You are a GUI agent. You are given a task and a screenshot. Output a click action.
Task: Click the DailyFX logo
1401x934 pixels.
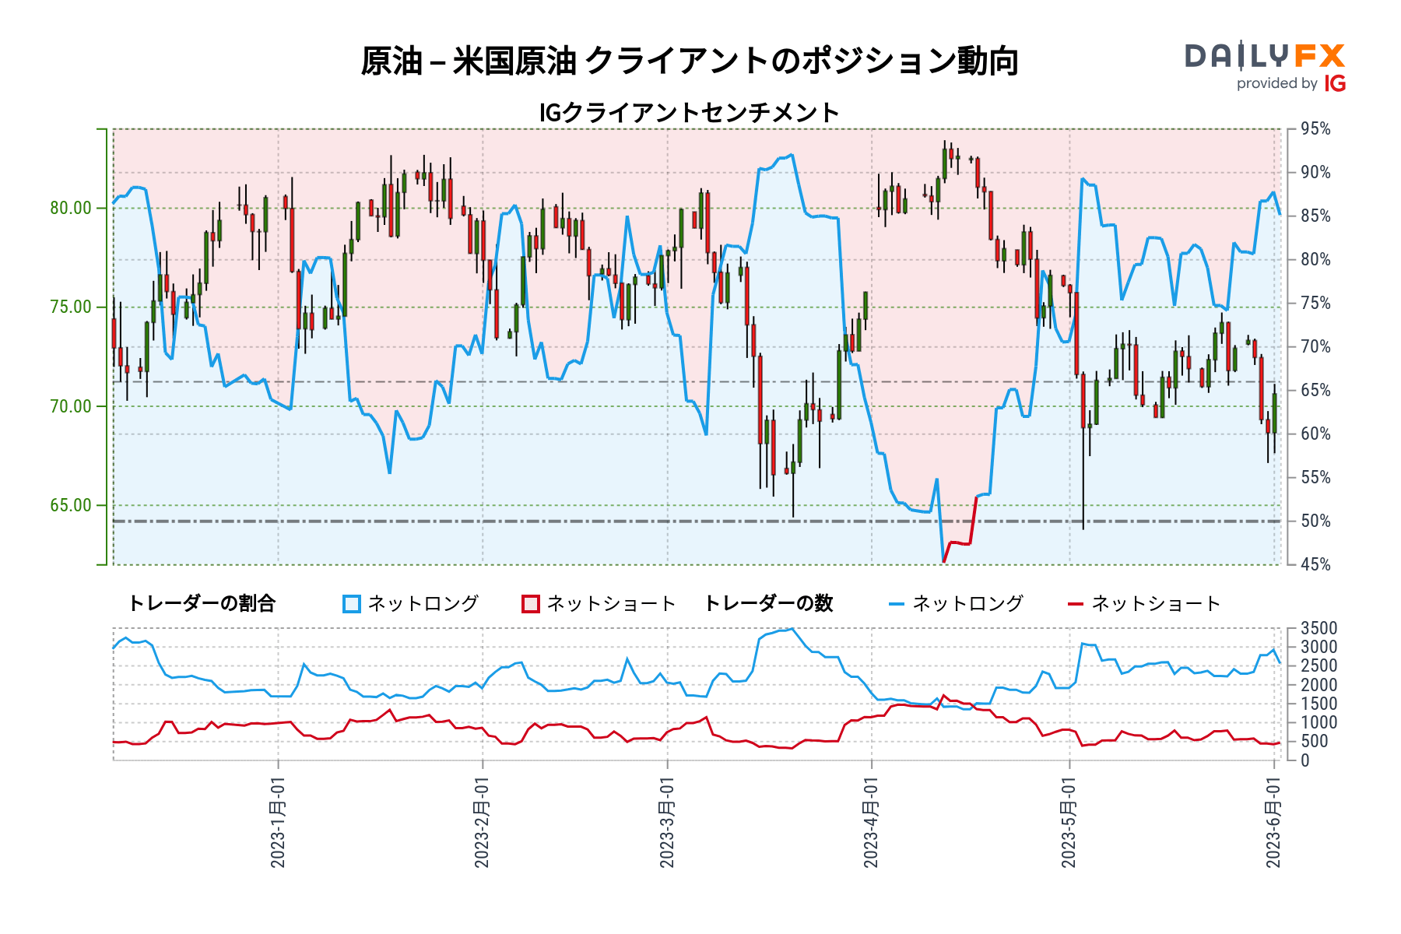click(1265, 57)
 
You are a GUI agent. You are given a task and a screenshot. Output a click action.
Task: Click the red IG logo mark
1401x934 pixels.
click(1335, 83)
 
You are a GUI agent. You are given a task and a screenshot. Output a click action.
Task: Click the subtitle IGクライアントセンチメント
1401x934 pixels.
click(689, 113)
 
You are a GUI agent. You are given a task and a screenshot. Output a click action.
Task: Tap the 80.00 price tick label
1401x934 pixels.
click(71, 208)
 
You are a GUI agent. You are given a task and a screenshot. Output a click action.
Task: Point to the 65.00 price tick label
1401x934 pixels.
click(71, 505)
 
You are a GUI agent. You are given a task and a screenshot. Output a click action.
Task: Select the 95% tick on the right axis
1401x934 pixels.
click(1315, 129)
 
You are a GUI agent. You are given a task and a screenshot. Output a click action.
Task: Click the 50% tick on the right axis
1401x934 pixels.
click(1315, 521)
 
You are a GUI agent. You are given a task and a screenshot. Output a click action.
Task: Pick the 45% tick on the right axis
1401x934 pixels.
click(1315, 564)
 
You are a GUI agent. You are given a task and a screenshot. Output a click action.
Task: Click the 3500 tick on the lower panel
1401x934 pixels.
click(1318, 628)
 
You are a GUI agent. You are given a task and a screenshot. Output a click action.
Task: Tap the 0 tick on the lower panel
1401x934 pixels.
click(1305, 760)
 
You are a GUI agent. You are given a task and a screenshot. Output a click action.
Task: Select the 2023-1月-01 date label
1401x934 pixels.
click(278, 823)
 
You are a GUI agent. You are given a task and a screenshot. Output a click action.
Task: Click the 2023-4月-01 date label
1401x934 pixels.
click(871, 823)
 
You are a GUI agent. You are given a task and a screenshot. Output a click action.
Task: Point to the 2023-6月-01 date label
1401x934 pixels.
click(1273, 823)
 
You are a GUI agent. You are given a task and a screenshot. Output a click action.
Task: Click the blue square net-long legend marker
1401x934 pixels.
click(352, 604)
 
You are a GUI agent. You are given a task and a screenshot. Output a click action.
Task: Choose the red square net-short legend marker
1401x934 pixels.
click(531, 604)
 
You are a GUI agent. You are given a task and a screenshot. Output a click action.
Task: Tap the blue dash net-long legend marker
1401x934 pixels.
click(897, 604)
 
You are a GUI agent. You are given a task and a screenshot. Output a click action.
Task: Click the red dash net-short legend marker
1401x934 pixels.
click(1076, 604)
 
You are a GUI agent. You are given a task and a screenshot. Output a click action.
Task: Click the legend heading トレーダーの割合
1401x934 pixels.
click(202, 604)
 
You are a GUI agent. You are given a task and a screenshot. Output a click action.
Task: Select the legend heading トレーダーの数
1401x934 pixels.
click(768, 604)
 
